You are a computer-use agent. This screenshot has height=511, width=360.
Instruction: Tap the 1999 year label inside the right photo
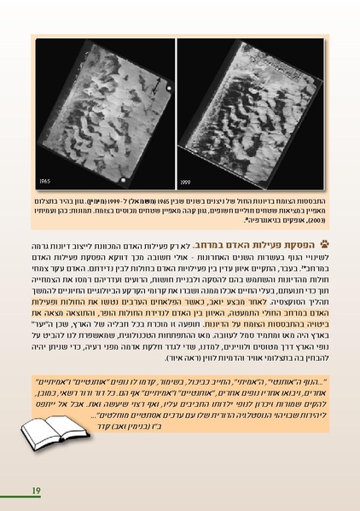click(x=193, y=181)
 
